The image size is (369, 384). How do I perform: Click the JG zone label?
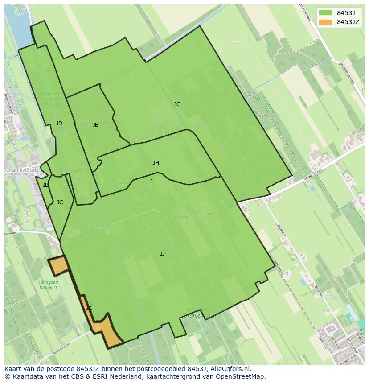point(177,104)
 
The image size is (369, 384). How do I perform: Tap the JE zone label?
point(95,125)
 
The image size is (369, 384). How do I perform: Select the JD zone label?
point(59,124)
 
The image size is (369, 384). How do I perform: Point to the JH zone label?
point(156,163)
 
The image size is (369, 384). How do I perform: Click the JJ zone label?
point(162,254)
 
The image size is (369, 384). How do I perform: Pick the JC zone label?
point(60,202)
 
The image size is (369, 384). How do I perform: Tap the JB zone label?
point(45,185)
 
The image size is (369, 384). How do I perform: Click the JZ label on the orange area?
point(89,308)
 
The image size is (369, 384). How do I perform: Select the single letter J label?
point(152,181)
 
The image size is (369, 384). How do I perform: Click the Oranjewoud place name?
point(20,170)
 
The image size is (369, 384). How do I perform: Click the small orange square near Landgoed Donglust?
point(58,265)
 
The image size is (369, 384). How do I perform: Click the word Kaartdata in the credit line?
point(24,376)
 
